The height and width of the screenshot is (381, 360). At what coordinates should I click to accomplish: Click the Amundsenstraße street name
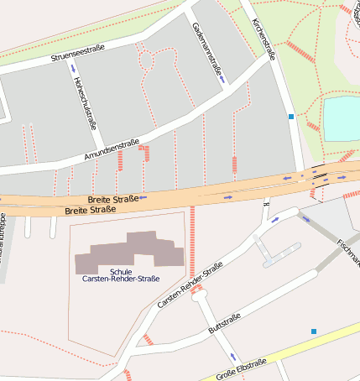112,151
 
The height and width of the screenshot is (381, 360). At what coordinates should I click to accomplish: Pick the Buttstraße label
224,323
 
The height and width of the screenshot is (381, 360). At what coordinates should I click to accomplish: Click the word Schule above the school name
121,271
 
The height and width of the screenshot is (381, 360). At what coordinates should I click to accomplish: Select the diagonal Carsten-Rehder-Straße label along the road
190,284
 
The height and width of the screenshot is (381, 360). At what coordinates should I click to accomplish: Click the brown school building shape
130,253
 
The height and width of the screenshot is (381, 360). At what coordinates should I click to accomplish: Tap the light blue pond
341,117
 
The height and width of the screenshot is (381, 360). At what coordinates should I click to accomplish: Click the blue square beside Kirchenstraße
291,117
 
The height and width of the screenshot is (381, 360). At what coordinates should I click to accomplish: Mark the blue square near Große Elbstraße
314,331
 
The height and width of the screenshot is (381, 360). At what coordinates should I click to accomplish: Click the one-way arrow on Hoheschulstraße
73,68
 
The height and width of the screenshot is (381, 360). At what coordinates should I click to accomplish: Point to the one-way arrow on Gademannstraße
222,81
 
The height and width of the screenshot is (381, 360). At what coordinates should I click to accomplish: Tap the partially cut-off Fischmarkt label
348,252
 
